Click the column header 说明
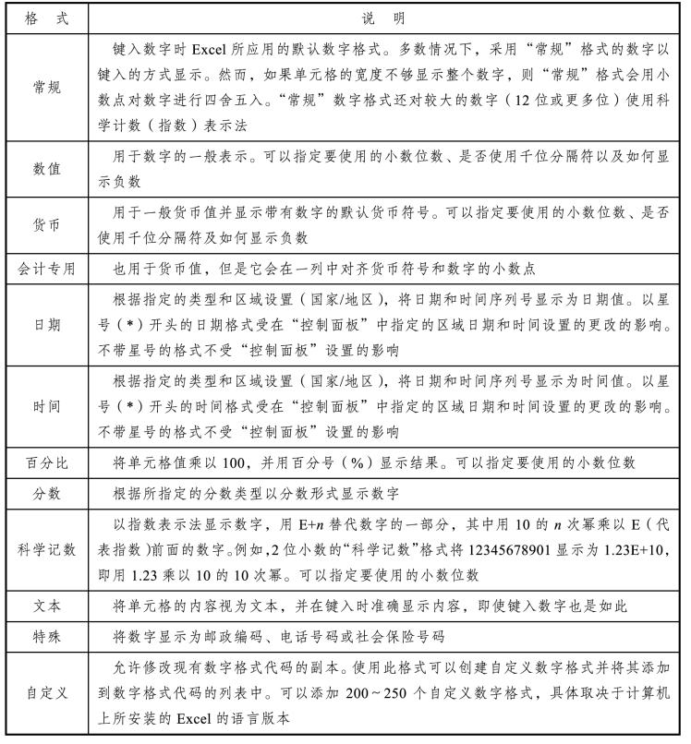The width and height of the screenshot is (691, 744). (386, 17)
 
